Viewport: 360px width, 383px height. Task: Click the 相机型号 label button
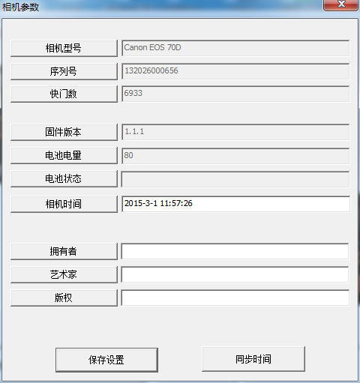pos(64,48)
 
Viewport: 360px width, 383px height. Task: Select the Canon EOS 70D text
pos(152,47)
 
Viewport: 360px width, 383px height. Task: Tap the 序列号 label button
pos(64,71)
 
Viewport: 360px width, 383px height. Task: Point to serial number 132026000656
pos(151,70)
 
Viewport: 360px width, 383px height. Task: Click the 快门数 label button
pos(64,94)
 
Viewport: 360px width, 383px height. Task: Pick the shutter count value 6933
pos(133,93)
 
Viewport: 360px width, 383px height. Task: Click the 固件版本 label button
pos(64,132)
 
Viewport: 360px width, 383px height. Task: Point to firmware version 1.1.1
pos(134,131)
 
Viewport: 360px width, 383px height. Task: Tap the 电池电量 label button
pos(64,155)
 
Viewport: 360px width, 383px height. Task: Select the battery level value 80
pos(128,155)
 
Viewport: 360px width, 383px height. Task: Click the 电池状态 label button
pos(64,178)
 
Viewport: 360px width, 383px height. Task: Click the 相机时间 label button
pos(64,204)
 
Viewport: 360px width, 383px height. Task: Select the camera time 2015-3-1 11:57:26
pos(158,203)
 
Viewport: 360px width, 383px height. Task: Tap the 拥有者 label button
pos(64,251)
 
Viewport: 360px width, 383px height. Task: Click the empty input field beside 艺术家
pos(235,274)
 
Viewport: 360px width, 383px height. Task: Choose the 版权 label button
pos(64,298)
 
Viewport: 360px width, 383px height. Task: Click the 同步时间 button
pos(253,359)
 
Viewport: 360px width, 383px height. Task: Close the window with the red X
pos(341,4)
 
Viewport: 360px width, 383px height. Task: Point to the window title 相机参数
pos(20,7)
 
